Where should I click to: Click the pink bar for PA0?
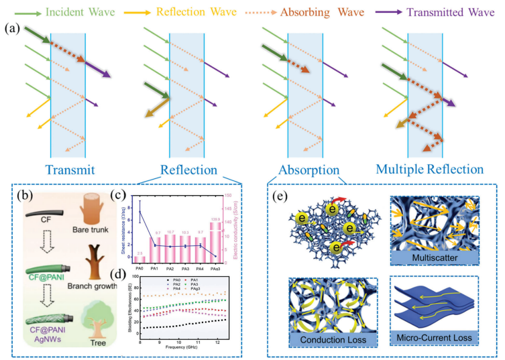tap(139, 257)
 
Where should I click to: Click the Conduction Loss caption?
tap(329, 340)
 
